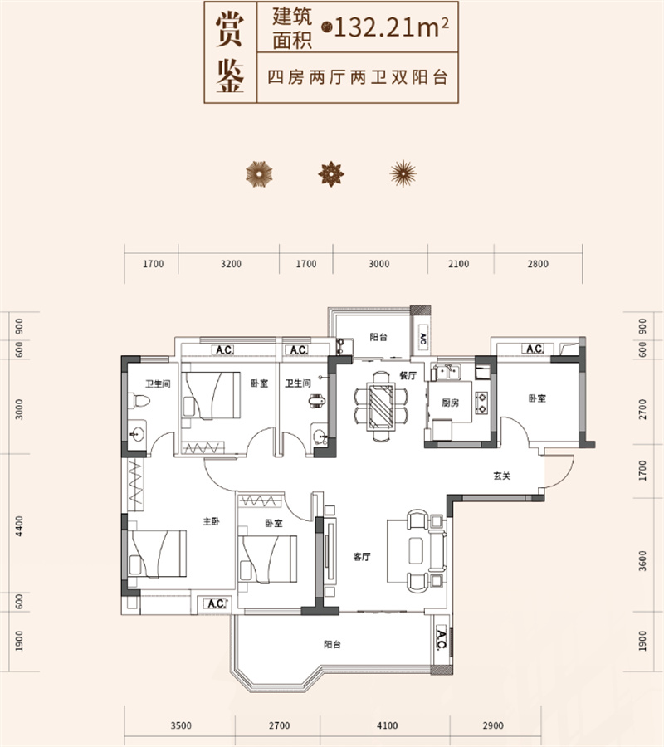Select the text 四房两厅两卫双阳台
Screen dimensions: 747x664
click(x=358, y=78)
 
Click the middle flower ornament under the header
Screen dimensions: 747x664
click(x=332, y=173)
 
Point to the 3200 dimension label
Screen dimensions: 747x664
click(x=231, y=265)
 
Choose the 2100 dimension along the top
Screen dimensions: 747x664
click(x=458, y=265)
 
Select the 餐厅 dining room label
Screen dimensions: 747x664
click(x=407, y=375)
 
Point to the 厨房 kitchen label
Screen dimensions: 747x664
click(x=450, y=403)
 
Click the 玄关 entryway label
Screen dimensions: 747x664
click(x=500, y=477)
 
